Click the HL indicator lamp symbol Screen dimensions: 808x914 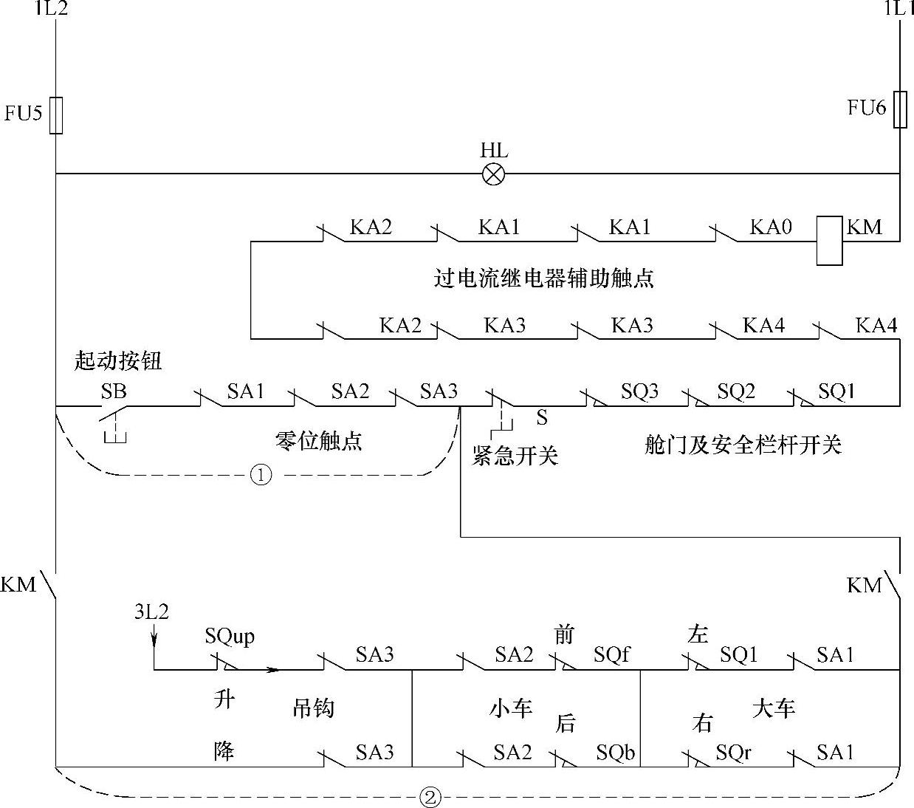click(x=493, y=174)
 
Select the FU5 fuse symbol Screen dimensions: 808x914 click(x=56, y=115)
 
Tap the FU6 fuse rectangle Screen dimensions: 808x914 click(x=900, y=109)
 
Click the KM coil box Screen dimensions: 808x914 click(x=829, y=240)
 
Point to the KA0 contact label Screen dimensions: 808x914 click(x=770, y=227)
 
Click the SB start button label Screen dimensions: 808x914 click(x=114, y=391)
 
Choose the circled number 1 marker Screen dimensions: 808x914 click(x=261, y=475)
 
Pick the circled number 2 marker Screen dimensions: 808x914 click(x=430, y=797)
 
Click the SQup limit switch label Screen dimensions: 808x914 click(x=230, y=636)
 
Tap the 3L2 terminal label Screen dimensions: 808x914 click(x=151, y=612)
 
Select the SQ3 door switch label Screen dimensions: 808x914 click(x=639, y=391)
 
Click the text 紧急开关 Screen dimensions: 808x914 click(x=515, y=456)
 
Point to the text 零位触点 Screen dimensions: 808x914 click(x=318, y=441)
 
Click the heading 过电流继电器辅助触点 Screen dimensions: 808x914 click(x=543, y=278)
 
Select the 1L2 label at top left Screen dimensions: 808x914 click(x=51, y=9)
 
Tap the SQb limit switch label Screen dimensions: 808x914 click(x=615, y=753)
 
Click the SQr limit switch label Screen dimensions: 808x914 click(x=733, y=753)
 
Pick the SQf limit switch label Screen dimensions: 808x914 click(x=612, y=654)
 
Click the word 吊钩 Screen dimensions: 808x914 click(x=314, y=708)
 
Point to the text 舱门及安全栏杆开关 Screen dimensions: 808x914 click(x=743, y=445)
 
